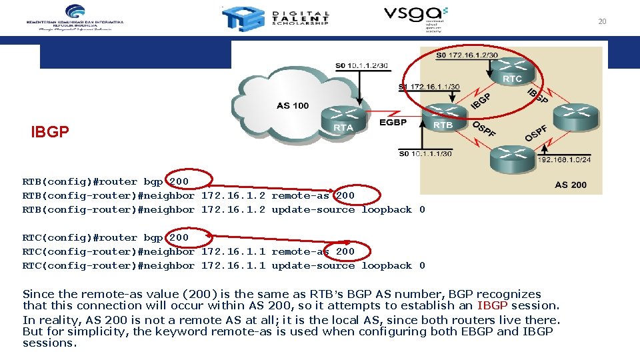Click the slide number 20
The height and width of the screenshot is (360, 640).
click(x=602, y=21)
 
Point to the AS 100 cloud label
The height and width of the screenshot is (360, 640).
click(x=293, y=105)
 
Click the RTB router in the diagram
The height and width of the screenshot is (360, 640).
click(x=444, y=117)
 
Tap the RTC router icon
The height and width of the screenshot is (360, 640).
click(x=513, y=71)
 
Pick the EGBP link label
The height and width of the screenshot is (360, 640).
click(x=393, y=123)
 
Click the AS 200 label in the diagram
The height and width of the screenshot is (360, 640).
click(x=571, y=184)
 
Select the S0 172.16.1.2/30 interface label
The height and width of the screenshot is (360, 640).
click(x=467, y=55)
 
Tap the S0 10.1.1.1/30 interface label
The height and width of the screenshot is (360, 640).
click(x=425, y=154)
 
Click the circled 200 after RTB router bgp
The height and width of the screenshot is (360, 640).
click(x=179, y=181)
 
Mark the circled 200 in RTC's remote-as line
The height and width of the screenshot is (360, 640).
click(x=345, y=251)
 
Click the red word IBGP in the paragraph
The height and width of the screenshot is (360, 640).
click(x=492, y=306)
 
